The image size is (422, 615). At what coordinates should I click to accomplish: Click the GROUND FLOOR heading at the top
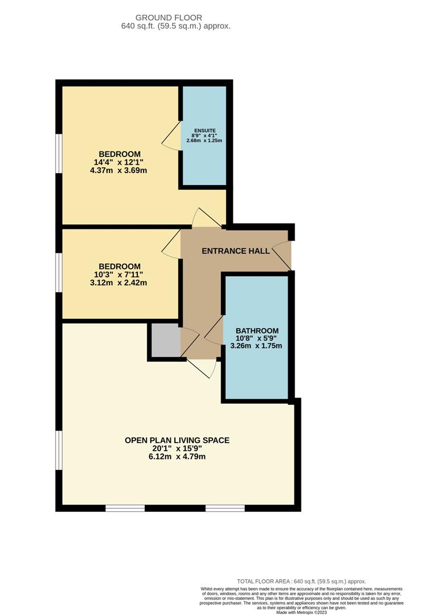click(177, 18)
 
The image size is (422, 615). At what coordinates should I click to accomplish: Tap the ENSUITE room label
click(204, 130)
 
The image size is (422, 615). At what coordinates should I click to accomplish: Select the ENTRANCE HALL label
click(236, 251)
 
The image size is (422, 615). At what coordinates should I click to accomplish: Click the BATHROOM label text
click(257, 331)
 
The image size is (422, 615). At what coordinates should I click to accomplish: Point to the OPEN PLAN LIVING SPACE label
click(177, 440)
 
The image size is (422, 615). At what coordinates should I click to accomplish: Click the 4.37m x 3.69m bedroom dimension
click(120, 171)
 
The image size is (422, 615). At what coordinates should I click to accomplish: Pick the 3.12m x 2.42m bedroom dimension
click(120, 282)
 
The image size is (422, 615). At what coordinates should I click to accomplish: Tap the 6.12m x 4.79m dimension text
click(177, 457)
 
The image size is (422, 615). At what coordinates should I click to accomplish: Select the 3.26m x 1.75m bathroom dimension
click(257, 346)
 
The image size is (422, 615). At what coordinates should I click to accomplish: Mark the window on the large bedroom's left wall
click(59, 153)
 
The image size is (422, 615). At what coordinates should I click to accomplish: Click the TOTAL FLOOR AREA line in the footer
click(301, 581)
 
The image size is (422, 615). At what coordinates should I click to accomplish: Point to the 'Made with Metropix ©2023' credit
click(301, 612)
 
